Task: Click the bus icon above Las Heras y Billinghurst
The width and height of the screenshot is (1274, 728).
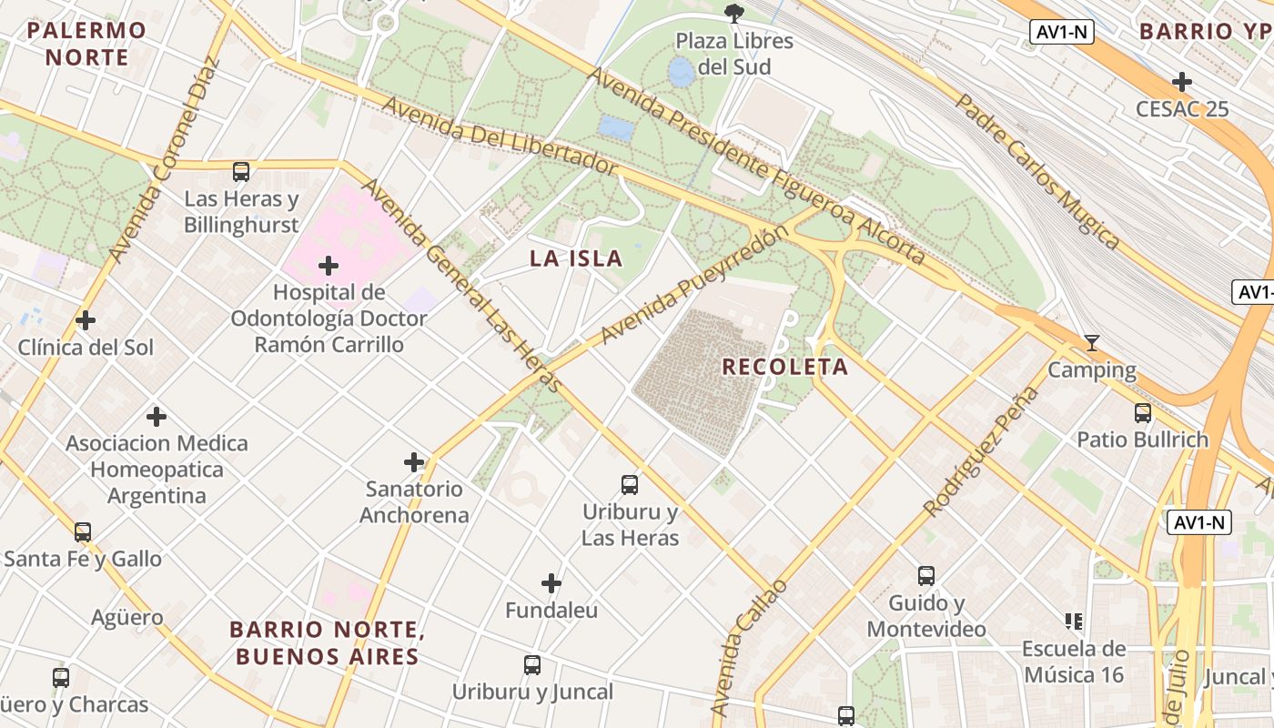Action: pyautogui.click(x=241, y=172)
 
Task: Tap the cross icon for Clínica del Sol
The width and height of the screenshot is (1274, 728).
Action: pyautogui.click(x=86, y=320)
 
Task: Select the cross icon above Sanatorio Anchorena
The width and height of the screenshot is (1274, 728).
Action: pyautogui.click(x=414, y=462)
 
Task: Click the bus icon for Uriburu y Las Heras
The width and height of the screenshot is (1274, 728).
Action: pyautogui.click(x=630, y=485)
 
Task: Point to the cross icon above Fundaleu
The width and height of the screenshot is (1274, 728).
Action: pyautogui.click(x=551, y=583)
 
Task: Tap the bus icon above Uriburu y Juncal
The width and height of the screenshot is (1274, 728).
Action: pyautogui.click(x=532, y=665)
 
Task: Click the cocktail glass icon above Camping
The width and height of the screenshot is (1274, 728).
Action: pyautogui.click(x=1092, y=343)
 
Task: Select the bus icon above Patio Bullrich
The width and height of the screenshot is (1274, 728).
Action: pyautogui.click(x=1143, y=413)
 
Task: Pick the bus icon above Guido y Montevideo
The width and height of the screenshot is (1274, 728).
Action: pyautogui.click(x=926, y=576)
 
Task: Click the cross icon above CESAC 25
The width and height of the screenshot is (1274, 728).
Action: pyautogui.click(x=1182, y=82)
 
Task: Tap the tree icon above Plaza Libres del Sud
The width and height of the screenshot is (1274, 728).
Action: pyautogui.click(x=733, y=13)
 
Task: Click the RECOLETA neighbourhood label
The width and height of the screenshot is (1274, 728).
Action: pyautogui.click(x=784, y=367)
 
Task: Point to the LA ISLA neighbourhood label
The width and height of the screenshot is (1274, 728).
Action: pyautogui.click(x=576, y=258)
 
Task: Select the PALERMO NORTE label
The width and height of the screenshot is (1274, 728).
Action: pyautogui.click(x=86, y=44)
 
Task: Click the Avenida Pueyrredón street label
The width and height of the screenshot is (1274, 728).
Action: pyautogui.click(x=693, y=285)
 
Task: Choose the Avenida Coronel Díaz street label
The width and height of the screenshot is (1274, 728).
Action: pyautogui.click(x=164, y=159)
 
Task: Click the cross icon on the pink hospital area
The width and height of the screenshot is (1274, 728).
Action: pyautogui.click(x=329, y=266)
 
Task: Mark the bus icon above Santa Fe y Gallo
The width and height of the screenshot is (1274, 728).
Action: pyautogui.click(x=83, y=531)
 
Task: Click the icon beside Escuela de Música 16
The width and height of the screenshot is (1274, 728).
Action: pyautogui.click(x=1074, y=622)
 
